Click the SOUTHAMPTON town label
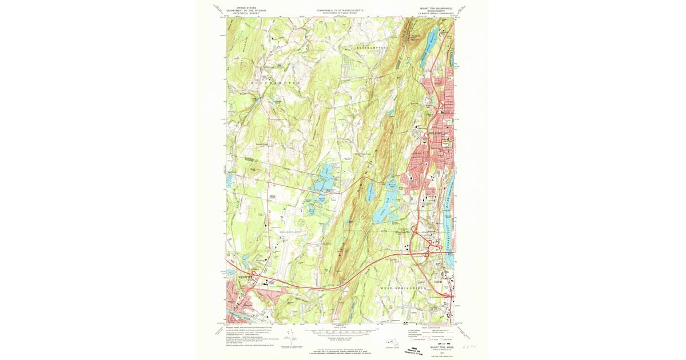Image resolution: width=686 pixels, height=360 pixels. pyautogui.click(x=276, y=83)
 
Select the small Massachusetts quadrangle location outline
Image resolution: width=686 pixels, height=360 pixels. pyautogui.click(x=391, y=343)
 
